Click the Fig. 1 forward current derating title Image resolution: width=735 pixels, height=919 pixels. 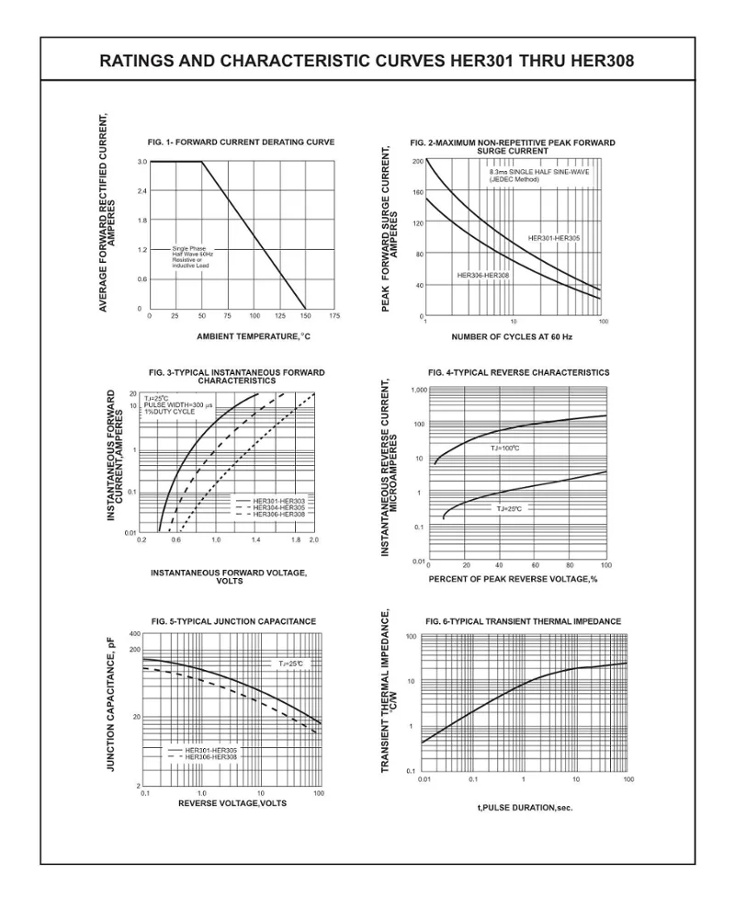241,142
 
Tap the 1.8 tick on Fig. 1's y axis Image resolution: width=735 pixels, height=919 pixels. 141,221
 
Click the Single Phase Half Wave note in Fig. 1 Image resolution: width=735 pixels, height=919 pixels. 192,256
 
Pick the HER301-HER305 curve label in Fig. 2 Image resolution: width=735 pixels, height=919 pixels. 554,238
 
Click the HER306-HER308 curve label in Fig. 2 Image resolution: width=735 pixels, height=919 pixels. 483,275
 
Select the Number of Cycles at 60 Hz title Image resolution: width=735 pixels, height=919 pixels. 512,337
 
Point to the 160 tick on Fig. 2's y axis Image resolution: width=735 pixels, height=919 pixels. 417,192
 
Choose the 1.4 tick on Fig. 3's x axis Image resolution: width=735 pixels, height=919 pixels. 255,540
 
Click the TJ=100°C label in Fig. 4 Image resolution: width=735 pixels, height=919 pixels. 504,448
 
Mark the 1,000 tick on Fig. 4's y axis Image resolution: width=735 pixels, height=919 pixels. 419,391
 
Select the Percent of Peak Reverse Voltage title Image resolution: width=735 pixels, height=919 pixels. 513,579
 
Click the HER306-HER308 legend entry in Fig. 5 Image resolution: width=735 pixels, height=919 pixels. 210,756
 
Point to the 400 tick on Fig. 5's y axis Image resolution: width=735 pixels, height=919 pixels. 135,634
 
